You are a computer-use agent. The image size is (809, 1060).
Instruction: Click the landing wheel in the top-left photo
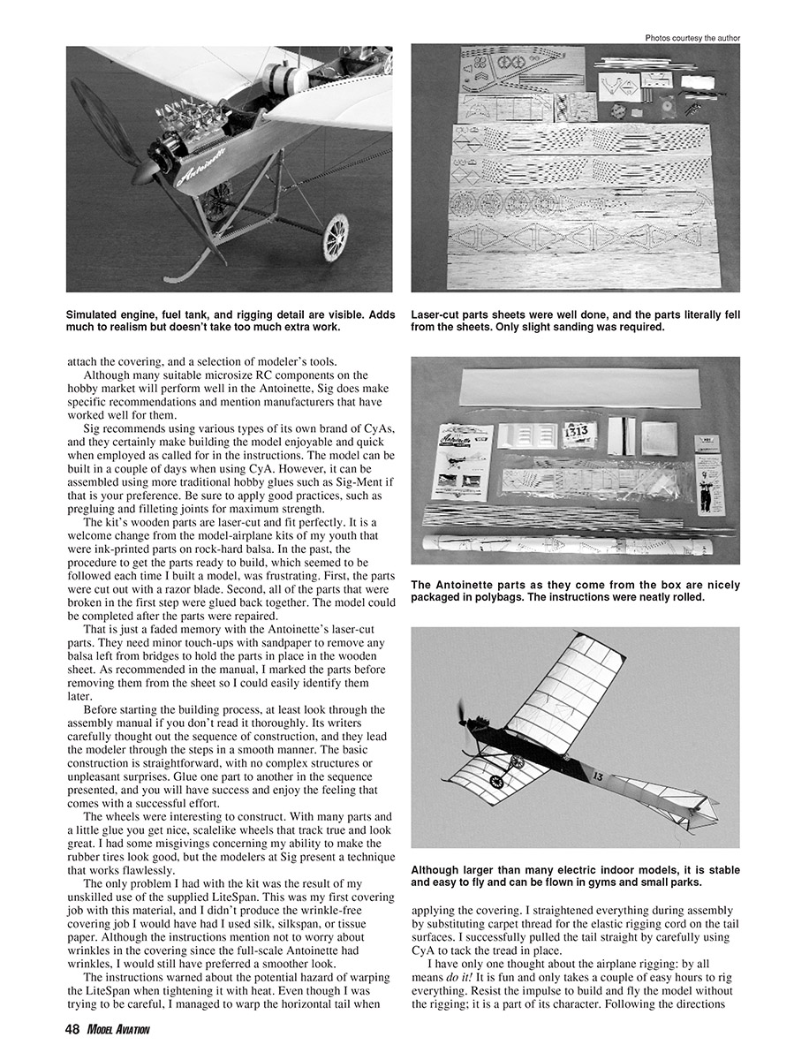click(336, 236)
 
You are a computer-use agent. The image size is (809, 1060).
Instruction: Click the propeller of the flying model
click(462, 713)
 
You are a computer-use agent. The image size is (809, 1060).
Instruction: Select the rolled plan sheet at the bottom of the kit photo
click(565, 549)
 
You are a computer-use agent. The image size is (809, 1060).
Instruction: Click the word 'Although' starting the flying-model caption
click(438, 870)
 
